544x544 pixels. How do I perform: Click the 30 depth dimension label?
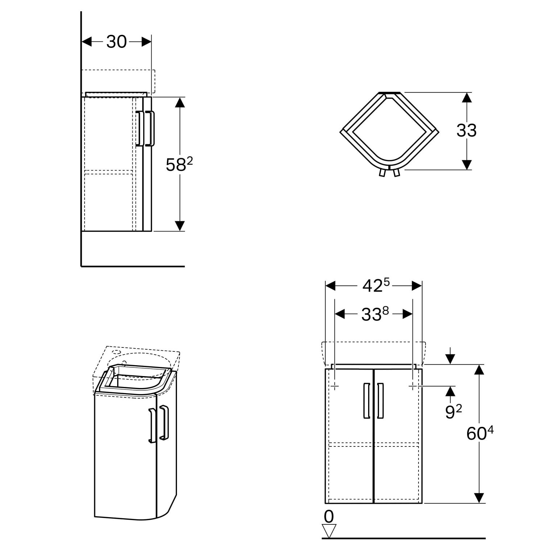(116, 42)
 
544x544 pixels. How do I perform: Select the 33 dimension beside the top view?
(466, 131)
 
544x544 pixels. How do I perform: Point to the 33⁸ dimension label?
(375, 314)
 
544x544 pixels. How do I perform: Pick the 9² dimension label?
(453, 412)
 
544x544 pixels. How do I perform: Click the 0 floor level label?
(329, 516)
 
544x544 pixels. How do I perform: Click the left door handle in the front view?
(367, 401)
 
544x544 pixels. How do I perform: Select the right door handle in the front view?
(380, 401)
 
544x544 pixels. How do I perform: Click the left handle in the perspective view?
(152, 426)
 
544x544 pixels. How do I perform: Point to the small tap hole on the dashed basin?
(117, 352)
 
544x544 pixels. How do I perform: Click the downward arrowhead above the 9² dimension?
(450, 359)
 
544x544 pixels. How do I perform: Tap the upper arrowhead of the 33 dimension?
(467, 98)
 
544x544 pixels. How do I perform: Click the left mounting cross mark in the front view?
(334, 387)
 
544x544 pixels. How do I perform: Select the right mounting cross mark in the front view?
(413, 387)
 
